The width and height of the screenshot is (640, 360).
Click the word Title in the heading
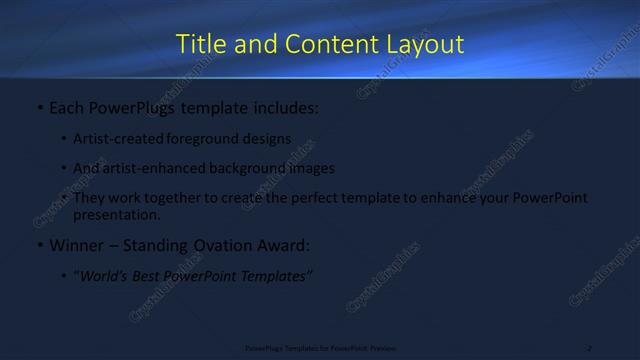199,44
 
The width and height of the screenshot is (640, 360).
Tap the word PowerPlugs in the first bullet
138,105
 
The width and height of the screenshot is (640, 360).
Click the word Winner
78,245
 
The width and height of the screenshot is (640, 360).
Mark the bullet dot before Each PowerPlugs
39,105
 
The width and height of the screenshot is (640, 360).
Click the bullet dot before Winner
39,245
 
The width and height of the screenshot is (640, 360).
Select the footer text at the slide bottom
320,347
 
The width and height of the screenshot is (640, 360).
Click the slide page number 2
590,347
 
